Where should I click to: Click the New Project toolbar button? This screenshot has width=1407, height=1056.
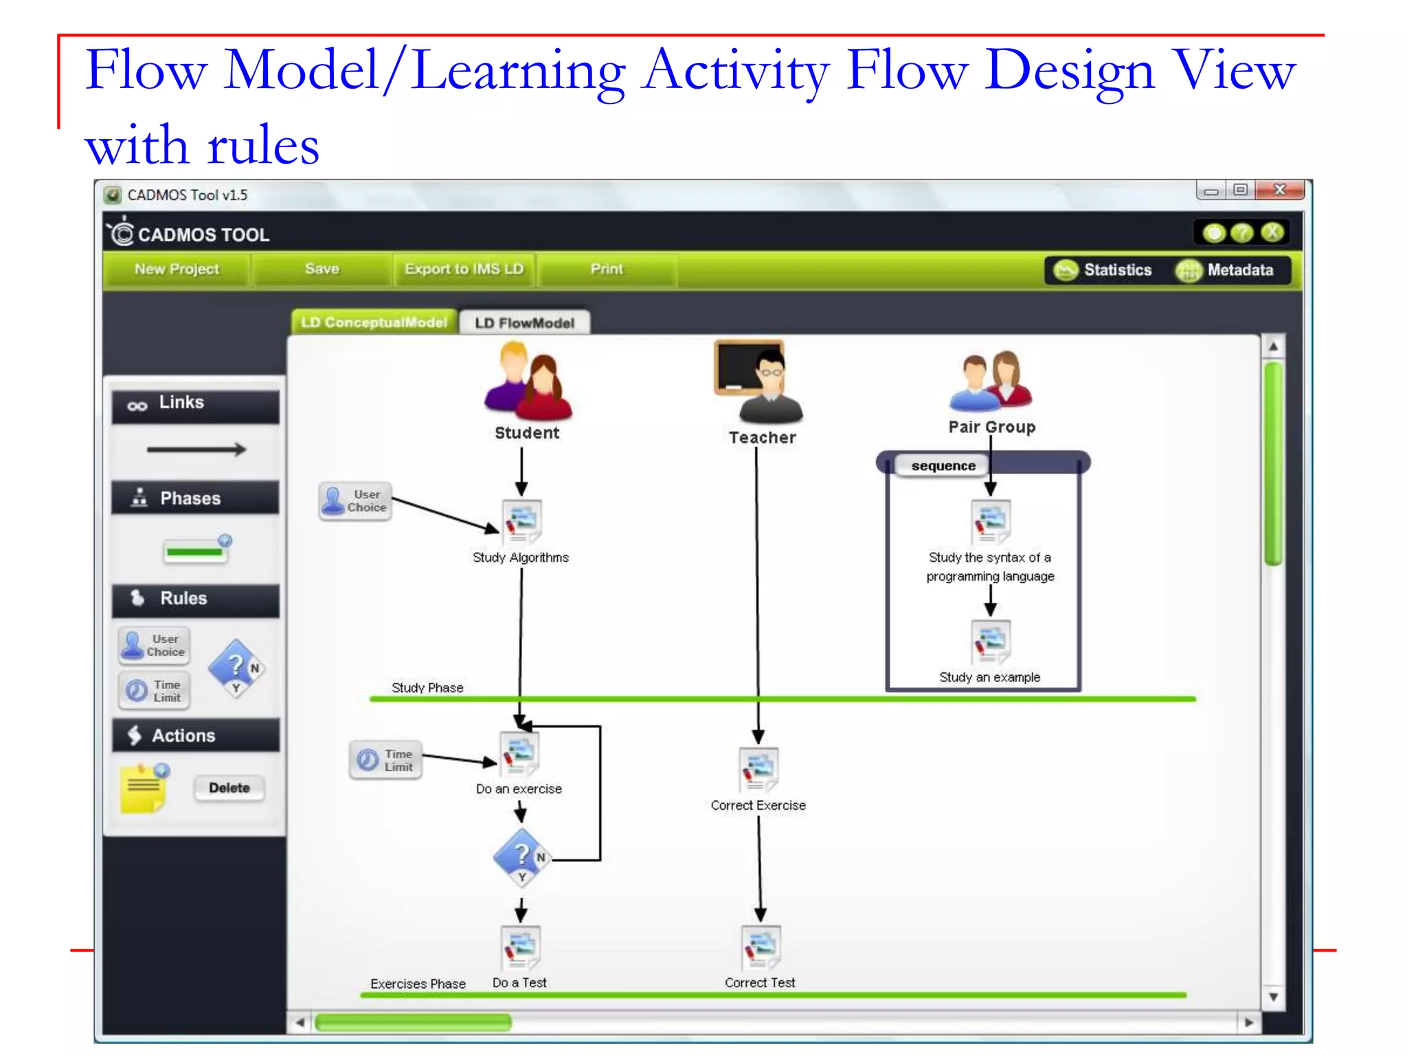pos(177,269)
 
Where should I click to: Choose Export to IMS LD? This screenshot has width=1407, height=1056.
pos(464,269)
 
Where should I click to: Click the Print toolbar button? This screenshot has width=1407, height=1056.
pos(607,269)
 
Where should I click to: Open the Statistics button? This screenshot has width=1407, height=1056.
pos(1103,270)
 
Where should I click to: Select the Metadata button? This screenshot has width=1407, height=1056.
pos(1226,270)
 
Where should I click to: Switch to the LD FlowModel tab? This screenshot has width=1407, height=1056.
pos(524,323)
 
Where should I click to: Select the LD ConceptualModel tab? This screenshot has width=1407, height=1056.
pos(374,322)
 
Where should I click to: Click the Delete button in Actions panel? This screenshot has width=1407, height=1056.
pos(229,788)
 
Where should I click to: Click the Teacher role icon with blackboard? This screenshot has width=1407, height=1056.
pos(758,382)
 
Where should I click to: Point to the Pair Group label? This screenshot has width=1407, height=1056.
pos(991,427)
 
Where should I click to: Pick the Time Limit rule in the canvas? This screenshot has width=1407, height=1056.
pos(385,760)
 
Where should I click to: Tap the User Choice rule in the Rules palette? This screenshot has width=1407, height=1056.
pos(155,646)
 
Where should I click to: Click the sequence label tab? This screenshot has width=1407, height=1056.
pos(943,466)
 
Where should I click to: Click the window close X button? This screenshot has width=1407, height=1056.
pos(1279,190)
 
